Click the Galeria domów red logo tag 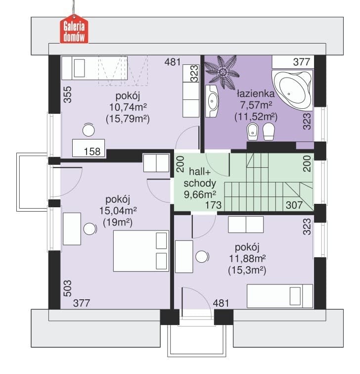click(74, 29)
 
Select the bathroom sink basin click(212, 101)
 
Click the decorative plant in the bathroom click(222, 72)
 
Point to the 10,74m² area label click(128, 107)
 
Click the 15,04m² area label click(118, 211)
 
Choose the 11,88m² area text click(247, 259)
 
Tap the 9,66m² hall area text click(200, 194)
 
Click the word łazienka click(256, 93)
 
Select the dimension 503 click(68, 288)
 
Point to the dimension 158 click(92, 151)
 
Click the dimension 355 click(68, 94)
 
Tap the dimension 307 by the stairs click(294, 205)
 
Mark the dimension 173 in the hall click(213, 205)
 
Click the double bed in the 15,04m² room click(141, 251)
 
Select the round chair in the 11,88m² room click(202, 257)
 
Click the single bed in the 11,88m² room click(280, 296)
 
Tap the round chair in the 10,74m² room click(89, 130)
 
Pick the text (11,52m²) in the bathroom click(256, 117)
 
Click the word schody click(200, 183)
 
